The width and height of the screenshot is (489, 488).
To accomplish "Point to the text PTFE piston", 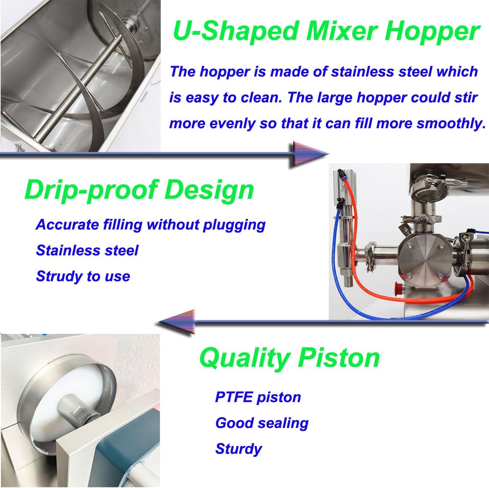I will [258, 397].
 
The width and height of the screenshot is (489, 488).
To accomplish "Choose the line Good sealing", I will [261, 423].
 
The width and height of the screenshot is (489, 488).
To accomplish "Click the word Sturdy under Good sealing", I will [238, 449].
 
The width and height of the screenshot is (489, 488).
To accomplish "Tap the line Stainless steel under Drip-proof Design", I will [87, 250].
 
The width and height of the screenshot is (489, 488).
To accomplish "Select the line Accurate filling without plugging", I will [150, 224].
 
